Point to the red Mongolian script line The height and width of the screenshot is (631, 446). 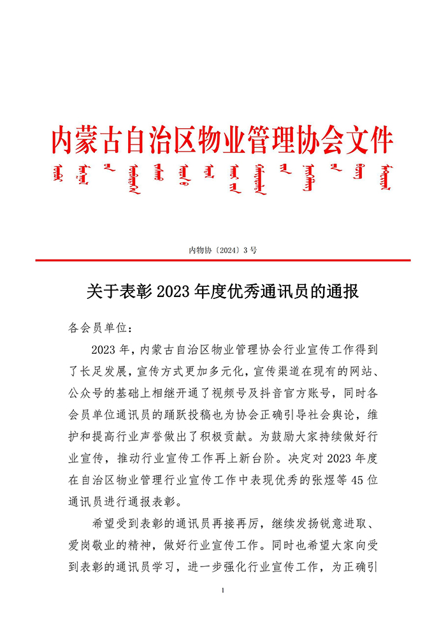(222, 178)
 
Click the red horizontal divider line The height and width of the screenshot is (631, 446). (222, 260)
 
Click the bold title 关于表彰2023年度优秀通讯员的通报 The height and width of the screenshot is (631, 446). (222, 292)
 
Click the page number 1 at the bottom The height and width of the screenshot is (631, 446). (223, 591)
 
